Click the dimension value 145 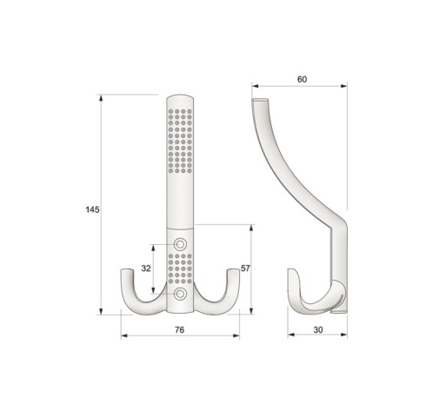coord(92,209)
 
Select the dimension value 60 coord(302,79)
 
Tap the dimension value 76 coord(180,329)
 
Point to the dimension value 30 coord(318,329)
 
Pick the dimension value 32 coord(146,268)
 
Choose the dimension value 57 coord(245,268)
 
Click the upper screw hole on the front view coord(180,244)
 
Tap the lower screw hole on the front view coord(180,294)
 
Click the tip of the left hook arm coord(127,270)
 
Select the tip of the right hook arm coord(233,270)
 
